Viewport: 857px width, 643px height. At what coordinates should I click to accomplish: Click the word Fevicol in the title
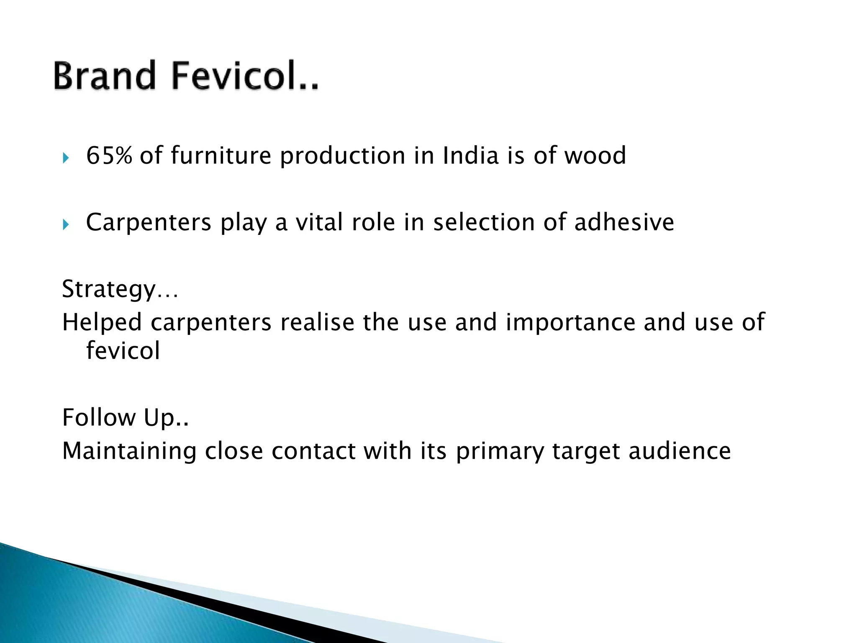pyautogui.click(x=245, y=76)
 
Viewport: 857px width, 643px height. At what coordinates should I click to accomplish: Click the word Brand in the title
pyautogui.click(x=105, y=76)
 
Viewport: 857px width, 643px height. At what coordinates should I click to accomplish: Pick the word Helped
pyautogui.click(x=102, y=322)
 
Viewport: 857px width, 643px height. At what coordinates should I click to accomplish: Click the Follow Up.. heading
pyautogui.click(x=125, y=417)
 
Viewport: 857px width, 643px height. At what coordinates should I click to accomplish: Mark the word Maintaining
pyautogui.click(x=129, y=451)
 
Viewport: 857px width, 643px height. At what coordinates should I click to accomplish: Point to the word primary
pyautogui.click(x=500, y=452)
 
